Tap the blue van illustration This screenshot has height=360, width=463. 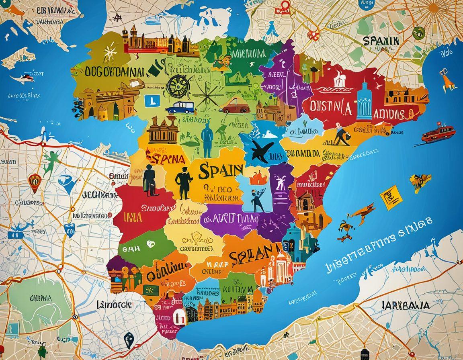pyautogui.click(x=180, y=107)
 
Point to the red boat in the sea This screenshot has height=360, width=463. pyautogui.click(x=438, y=133)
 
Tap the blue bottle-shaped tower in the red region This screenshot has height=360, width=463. pyautogui.click(x=365, y=98)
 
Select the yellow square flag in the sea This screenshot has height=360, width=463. pyautogui.click(x=391, y=198)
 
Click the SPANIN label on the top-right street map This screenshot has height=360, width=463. pyautogui.click(x=380, y=41)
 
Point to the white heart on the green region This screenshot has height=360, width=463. pyautogui.click(x=151, y=243)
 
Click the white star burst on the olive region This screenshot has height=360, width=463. pyautogui.click(x=109, y=53)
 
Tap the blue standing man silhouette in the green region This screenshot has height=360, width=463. pyautogui.click(x=207, y=140)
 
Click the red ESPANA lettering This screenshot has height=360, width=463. pyautogui.click(x=165, y=158)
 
